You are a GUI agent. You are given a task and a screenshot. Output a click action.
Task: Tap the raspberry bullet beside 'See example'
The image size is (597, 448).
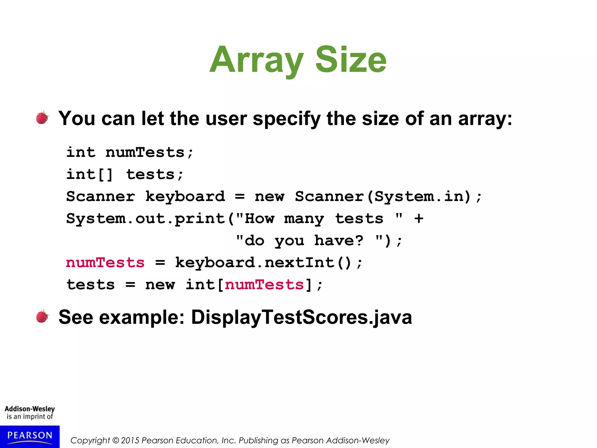[42, 316]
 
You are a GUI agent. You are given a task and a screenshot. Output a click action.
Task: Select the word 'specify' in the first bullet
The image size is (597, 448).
[287, 119]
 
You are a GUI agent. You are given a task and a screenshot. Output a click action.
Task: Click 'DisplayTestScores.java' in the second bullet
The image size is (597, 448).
[301, 317]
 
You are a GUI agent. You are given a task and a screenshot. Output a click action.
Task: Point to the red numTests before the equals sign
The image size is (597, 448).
[105, 262]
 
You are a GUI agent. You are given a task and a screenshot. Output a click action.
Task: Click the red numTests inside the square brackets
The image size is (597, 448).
[264, 285]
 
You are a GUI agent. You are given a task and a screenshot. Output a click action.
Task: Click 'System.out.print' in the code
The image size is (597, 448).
[145, 219]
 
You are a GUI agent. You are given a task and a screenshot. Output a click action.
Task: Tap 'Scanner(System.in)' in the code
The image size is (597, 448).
[383, 197]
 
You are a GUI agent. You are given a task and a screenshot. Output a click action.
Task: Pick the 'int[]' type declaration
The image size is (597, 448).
[89, 174]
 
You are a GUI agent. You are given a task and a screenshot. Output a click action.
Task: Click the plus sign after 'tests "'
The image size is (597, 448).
[419, 218]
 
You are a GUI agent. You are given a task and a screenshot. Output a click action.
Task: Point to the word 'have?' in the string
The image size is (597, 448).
[339, 241]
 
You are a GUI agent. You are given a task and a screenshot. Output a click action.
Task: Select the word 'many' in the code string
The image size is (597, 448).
[304, 219]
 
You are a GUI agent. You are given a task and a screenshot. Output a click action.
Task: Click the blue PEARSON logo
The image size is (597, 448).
[30, 436]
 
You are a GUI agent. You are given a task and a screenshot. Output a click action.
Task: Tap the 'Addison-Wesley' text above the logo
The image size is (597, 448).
[30, 409]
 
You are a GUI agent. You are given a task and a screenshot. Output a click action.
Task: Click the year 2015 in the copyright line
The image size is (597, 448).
[130, 440]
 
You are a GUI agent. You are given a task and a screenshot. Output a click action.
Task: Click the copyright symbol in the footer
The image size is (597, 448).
[116, 440]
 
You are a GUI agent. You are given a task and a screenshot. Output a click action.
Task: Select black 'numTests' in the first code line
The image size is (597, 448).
[145, 152]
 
